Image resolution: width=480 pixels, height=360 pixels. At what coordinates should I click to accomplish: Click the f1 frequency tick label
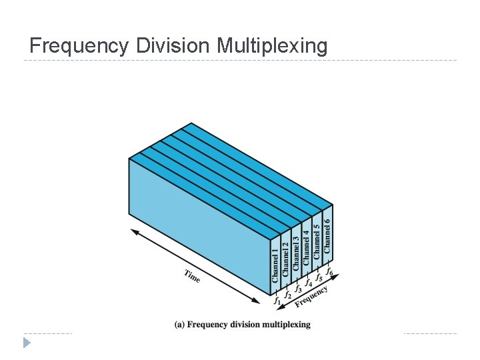[x=277, y=301]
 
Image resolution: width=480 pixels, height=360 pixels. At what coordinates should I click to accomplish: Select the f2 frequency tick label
[x=287, y=294]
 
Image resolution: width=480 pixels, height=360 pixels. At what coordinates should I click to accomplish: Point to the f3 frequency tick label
[x=298, y=288]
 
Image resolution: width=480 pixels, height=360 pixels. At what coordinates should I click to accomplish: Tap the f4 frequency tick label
[x=308, y=282]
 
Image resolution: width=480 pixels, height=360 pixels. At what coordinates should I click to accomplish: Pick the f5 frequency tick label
[x=319, y=276]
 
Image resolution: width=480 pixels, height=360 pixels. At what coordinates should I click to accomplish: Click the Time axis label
[x=192, y=276]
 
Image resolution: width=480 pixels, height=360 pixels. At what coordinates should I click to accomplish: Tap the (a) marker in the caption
[x=179, y=325]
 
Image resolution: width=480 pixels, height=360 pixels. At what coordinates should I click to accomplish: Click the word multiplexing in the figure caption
[x=286, y=325]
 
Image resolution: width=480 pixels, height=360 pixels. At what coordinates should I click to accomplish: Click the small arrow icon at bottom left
[x=27, y=343]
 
